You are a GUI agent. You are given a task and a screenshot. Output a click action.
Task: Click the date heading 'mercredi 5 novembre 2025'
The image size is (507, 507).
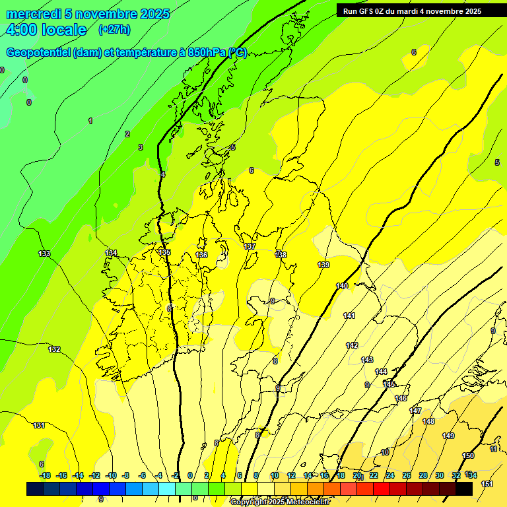coord(88,14)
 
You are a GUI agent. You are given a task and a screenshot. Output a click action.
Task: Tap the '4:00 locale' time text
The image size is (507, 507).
coord(46,30)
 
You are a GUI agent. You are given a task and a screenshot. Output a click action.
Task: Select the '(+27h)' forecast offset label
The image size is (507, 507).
coord(114,30)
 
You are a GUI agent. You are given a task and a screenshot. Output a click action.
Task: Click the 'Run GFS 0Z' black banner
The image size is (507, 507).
coord(412,11)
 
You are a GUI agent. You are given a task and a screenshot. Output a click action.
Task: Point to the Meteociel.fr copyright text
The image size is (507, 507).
coord(280,502)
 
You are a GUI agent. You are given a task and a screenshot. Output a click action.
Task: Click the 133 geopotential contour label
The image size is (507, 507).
coord(44,253)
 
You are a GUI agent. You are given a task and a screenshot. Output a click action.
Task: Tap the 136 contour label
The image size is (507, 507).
coord(201,255)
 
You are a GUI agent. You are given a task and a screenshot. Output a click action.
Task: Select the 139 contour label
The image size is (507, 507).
coord(323,265)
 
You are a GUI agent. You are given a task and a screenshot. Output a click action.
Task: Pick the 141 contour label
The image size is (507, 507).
coord(349,316)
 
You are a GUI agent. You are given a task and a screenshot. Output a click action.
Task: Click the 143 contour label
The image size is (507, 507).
coord(367,360)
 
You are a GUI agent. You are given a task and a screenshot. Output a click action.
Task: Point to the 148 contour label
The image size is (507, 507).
coord(428,421)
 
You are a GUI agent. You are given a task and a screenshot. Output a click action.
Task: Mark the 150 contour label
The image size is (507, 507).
coord(468,456)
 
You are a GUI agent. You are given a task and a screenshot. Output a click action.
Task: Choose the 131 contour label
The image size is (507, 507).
coord(39,425)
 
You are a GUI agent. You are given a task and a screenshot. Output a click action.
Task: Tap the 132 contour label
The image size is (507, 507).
coord(54,349)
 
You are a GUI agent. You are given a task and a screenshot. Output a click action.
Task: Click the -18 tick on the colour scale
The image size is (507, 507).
coord(45,475)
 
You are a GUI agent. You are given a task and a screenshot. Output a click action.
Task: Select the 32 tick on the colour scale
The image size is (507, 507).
coord(456,475)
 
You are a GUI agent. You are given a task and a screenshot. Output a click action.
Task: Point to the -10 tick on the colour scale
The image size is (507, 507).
coord(111,475)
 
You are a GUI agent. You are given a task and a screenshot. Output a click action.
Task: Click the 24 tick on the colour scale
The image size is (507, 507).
coord(389,475)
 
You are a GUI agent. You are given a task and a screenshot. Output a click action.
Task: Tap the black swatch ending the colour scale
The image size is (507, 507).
coord(464,489)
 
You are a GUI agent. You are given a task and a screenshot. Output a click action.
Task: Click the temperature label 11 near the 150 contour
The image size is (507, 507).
coord(494,449)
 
